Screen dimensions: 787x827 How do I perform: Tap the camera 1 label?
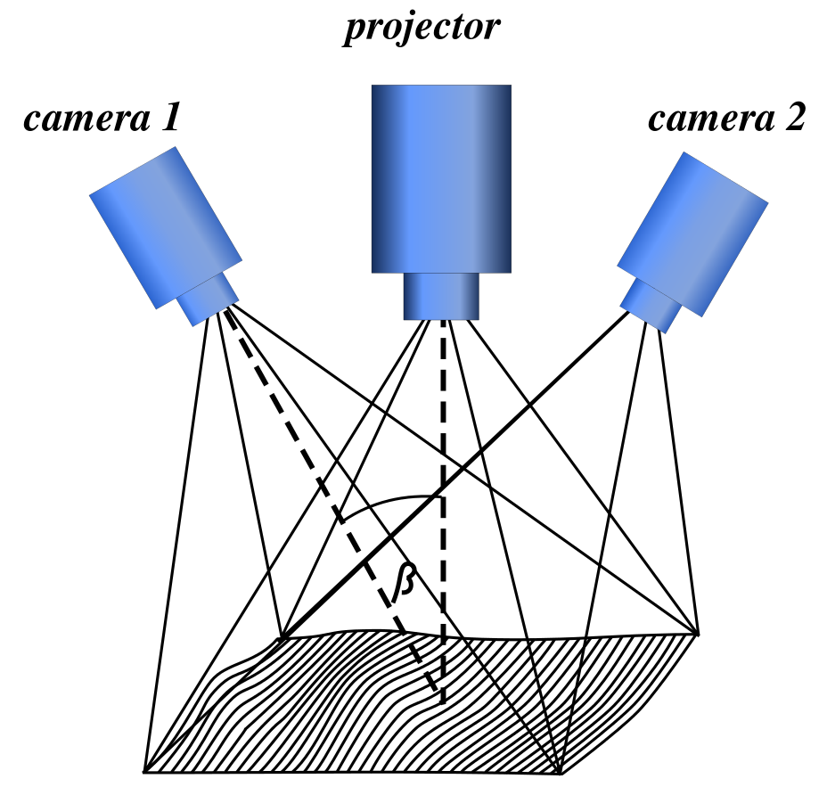(102, 118)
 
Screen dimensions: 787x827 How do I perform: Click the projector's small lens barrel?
(441, 296)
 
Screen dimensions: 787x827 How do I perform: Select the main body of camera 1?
(165, 226)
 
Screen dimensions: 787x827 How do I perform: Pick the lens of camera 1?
(209, 297)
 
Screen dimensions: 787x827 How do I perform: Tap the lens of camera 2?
(651, 303)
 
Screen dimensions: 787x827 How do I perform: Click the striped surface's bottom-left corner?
(145, 770)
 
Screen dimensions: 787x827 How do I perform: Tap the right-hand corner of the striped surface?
(698, 634)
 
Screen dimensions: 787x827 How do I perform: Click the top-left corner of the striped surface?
(282, 638)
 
